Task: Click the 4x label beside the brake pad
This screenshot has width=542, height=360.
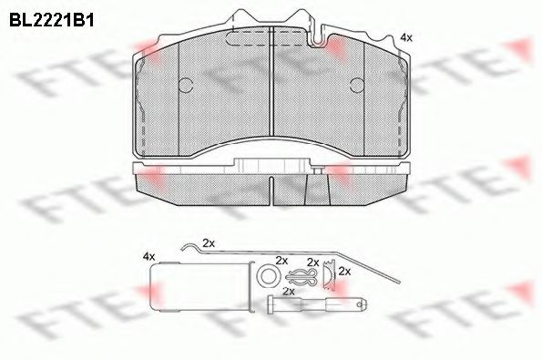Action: pyautogui.click(x=406, y=37)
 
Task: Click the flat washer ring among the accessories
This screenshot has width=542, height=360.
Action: pyautogui.click(x=269, y=275)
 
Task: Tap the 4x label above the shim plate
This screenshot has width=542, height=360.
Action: pyautogui.click(x=149, y=259)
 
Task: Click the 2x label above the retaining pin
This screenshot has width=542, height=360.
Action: pyautogui.click(x=289, y=292)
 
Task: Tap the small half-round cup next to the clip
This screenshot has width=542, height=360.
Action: pyautogui.click(x=325, y=276)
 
